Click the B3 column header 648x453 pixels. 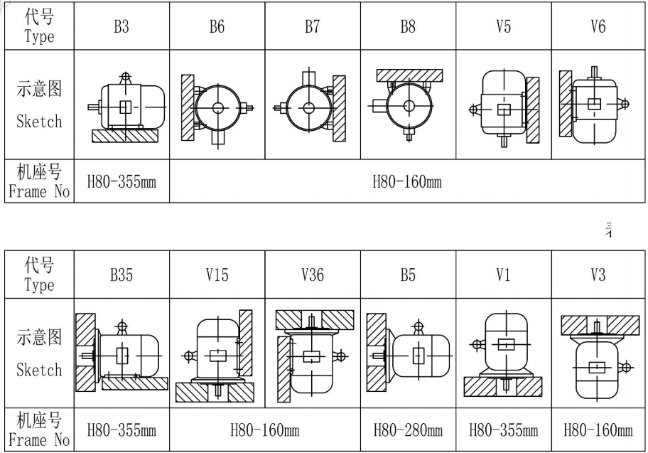[x=121, y=28]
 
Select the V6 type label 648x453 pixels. [x=598, y=28]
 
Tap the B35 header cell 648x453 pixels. [x=121, y=275]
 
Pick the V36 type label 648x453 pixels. [x=312, y=275]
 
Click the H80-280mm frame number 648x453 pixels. [x=408, y=430]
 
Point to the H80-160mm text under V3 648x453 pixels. [x=598, y=430]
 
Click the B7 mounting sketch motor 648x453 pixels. [x=308, y=107]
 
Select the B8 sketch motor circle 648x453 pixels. [x=409, y=106]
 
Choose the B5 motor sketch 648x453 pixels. [x=419, y=354]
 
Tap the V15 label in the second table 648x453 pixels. [x=217, y=275]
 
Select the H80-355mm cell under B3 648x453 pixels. [x=121, y=182]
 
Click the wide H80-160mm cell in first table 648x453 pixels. [x=407, y=182]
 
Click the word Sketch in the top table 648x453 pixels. [x=39, y=122]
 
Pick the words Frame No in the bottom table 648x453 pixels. [x=39, y=439]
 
